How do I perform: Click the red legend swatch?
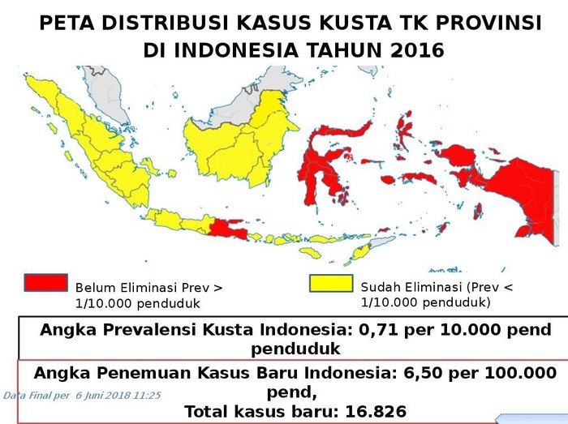click(x=45, y=283)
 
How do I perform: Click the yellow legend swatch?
click(x=331, y=283)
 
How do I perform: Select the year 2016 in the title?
click(x=417, y=50)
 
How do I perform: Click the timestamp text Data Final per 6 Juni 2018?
click(x=82, y=396)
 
